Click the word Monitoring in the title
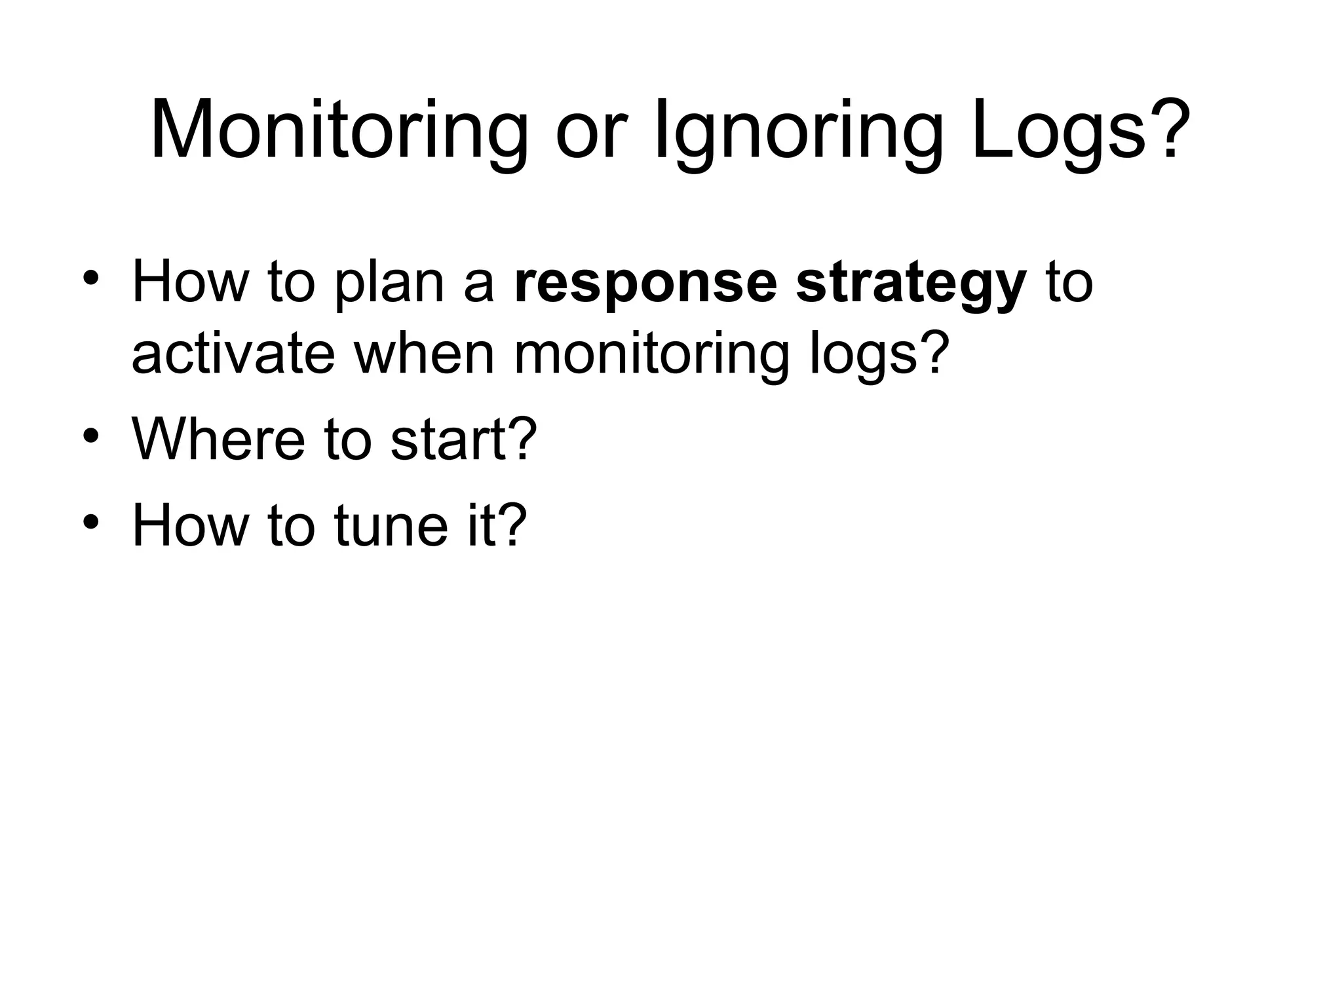(x=339, y=131)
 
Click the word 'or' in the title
(x=587, y=138)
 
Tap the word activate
(x=233, y=354)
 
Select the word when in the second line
(x=424, y=354)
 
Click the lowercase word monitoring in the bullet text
(x=652, y=354)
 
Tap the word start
(x=452, y=439)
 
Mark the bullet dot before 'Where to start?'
(x=90, y=436)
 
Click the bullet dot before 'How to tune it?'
(x=90, y=521)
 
